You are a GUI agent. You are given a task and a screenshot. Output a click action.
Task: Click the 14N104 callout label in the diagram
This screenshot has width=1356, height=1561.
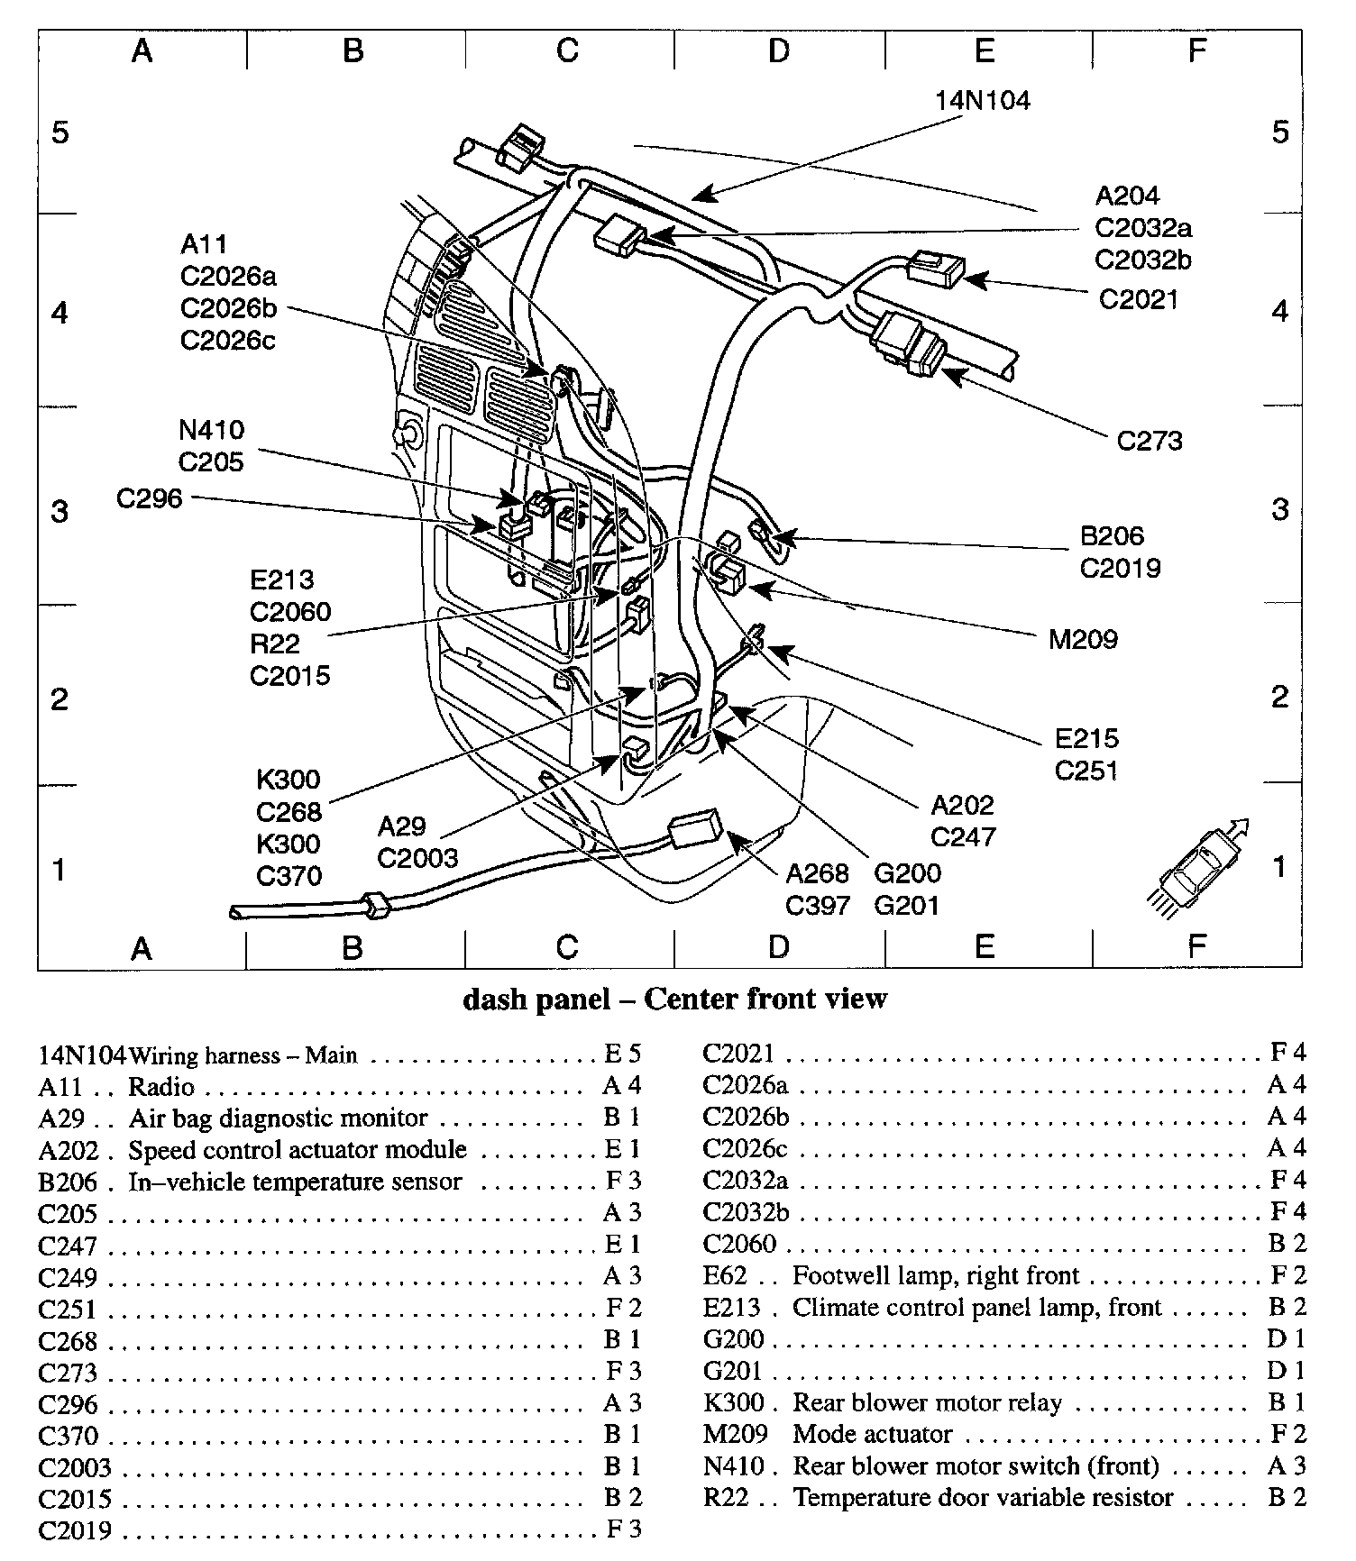982,100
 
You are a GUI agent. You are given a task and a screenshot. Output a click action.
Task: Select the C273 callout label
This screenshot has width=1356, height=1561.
1150,441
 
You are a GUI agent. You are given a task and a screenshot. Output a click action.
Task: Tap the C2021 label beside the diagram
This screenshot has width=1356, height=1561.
1139,298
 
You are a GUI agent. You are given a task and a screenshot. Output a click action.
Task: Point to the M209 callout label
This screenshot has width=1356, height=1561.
1083,640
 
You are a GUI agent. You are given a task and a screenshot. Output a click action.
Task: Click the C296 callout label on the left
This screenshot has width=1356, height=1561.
150,498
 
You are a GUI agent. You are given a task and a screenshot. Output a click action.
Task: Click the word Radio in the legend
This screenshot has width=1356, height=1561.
161,1087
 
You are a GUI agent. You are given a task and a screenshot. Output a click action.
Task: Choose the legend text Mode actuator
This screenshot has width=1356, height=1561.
872,1434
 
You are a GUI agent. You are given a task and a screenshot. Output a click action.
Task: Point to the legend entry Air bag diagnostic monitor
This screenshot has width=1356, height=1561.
278,1118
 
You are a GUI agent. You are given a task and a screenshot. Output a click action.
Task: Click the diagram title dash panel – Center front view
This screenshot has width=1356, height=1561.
675,999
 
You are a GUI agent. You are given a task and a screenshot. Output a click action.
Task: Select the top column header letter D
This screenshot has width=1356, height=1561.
779,50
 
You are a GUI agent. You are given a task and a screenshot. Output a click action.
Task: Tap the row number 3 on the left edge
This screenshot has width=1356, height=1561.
60,511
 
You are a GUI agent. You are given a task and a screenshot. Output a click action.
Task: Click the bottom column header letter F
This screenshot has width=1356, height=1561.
1196,946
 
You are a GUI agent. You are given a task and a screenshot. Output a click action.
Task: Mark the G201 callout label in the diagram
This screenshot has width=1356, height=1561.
907,905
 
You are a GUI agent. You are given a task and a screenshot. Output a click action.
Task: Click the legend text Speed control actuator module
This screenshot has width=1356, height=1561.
298,1150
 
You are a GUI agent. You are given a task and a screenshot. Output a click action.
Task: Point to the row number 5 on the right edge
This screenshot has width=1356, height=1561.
1280,132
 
